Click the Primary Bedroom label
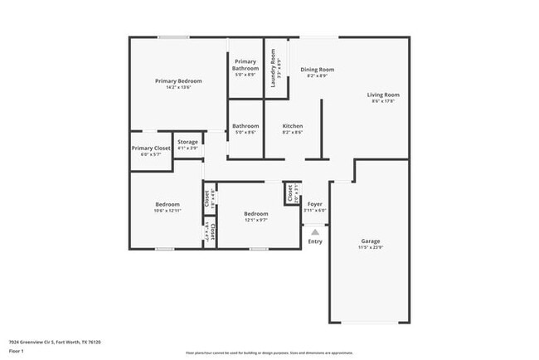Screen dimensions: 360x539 [179, 80]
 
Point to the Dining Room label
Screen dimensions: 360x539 [317, 69]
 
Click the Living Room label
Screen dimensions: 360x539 [383, 95]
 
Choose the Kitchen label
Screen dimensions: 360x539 [292, 126]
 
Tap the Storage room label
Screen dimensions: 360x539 [187, 142]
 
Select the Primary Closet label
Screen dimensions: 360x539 [150, 148]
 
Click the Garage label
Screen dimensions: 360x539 [370, 241]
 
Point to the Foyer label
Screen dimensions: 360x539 [315, 204]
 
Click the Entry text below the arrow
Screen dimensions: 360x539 [315, 241]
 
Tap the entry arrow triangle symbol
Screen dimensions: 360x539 [315, 233]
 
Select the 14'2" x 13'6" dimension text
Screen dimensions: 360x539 [179, 87]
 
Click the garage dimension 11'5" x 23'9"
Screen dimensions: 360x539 [370, 248]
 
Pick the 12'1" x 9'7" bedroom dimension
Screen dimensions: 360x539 [255, 221]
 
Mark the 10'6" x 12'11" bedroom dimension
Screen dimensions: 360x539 [168, 211]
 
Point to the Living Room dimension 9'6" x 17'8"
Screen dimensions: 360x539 [383, 101]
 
